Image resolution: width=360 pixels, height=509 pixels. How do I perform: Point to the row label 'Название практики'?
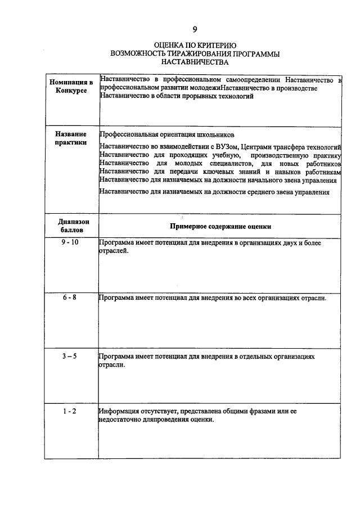(x=71, y=138)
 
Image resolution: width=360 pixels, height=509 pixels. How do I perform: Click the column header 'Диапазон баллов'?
(x=71, y=226)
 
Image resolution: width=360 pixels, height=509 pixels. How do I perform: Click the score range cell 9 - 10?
(x=71, y=242)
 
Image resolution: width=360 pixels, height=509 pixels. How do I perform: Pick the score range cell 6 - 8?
(x=71, y=298)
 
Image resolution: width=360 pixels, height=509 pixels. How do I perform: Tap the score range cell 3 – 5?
(x=71, y=357)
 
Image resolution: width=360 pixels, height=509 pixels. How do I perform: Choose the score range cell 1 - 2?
(x=71, y=412)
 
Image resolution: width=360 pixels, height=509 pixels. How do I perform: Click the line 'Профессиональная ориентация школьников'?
(x=166, y=135)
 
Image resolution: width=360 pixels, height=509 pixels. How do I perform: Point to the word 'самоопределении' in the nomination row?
(x=253, y=79)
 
